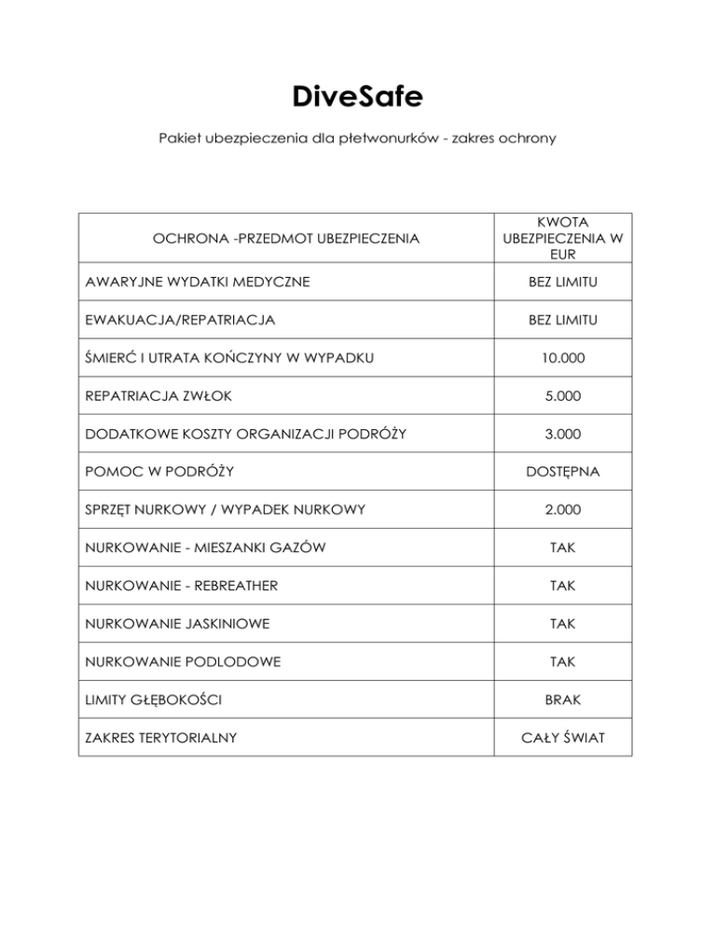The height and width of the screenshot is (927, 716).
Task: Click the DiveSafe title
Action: [357, 96]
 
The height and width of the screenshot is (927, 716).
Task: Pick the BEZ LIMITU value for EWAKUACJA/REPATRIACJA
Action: [562, 320]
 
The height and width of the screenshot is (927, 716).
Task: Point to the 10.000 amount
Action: [562, 358]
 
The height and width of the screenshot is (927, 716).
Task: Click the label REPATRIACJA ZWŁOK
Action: [155, 396]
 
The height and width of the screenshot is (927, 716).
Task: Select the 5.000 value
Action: [562, 396]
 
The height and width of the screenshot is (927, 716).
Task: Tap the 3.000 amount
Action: [562, 434]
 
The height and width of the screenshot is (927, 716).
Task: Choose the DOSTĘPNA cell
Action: [562, 472]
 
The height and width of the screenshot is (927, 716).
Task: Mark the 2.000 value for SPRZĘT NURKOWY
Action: [562, 510]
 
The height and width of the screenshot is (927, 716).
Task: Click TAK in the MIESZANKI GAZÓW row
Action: [562, 547]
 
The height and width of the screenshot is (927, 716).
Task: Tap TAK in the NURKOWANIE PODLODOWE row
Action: [562, 661]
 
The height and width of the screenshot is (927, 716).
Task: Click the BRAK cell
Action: [562, 699]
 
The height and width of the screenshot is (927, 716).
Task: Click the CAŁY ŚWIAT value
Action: [562, 738]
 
